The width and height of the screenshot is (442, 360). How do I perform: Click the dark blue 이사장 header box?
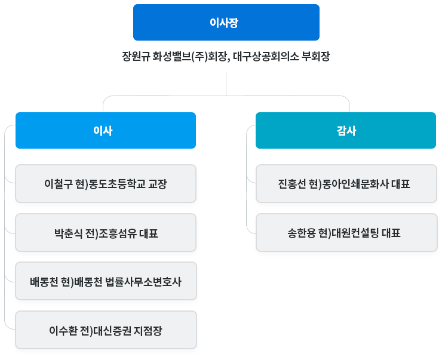[226, 22]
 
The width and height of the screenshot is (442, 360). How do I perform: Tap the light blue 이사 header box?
[106, 130]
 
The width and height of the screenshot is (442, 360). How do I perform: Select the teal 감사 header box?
[346, 130]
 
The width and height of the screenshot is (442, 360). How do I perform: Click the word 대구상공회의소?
[266, 56]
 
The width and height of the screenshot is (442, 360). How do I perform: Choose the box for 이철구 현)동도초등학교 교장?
[106, 184]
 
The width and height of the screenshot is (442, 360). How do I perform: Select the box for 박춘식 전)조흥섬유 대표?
[106, 233]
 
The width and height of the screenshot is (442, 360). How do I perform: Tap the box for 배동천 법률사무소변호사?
[106, 281]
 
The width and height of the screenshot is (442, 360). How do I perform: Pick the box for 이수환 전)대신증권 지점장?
[106, 330]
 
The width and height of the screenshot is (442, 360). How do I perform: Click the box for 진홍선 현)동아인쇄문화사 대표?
[346, 184]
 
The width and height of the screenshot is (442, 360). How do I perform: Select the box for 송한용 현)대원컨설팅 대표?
[346, 233]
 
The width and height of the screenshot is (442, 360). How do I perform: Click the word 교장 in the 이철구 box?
[158, 184]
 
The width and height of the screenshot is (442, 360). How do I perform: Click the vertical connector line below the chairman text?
[226, 84]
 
